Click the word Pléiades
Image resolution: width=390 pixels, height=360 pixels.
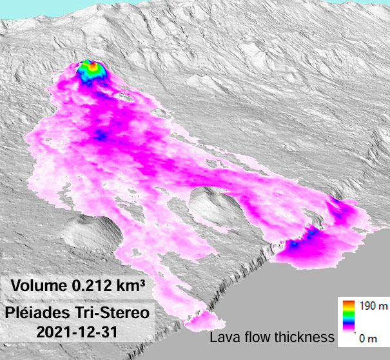click(41, 314)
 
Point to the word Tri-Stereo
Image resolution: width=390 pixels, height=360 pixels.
click(113, 314)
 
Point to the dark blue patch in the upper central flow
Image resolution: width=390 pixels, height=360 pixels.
click(101, 135)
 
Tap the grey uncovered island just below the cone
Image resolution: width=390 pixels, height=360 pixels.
click(125, 97)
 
